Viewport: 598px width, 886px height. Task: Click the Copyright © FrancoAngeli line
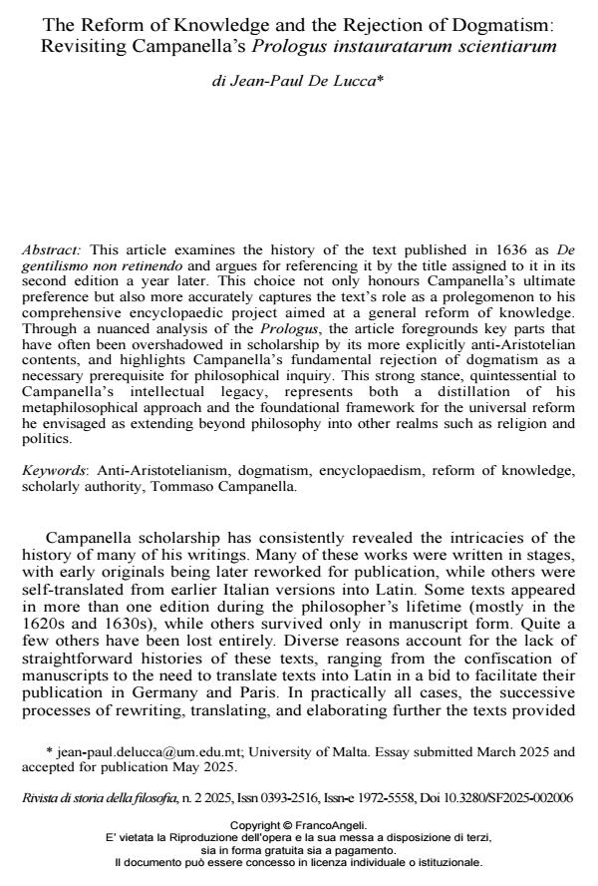click(x=298, y=825)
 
